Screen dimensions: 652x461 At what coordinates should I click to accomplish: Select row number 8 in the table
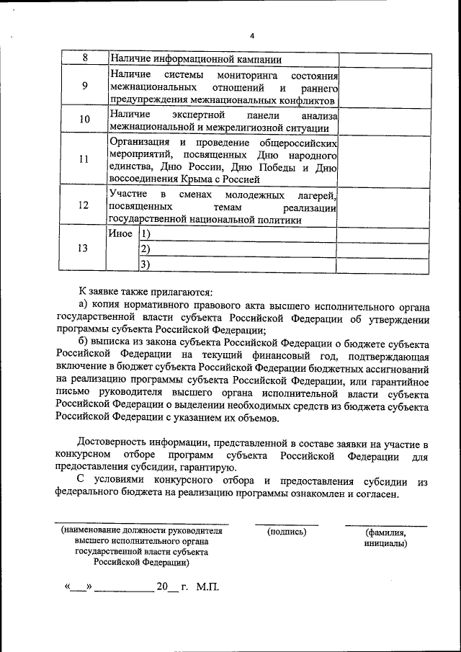click(84, 58)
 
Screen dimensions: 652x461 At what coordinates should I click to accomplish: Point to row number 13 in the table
click(84, 249)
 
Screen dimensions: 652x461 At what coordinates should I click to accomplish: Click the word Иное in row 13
click(120, 233)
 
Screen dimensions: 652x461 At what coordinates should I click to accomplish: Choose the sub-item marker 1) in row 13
click(145, 233)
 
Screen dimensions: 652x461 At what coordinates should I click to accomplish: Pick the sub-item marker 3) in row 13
click(145, 265)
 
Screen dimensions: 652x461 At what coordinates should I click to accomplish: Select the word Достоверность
click(113, 442)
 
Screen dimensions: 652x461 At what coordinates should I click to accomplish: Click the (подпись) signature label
click(287, 532)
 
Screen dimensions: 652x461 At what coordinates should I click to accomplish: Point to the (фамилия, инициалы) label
click(386, 537)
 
